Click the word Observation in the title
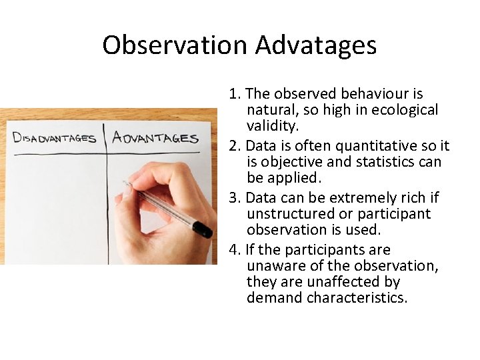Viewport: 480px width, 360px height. coord(175,45)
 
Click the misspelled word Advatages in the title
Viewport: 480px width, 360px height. coord(316,45)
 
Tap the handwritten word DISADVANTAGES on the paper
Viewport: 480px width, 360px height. coord(55,139)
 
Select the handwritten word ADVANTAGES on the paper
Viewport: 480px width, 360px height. coord(155,137)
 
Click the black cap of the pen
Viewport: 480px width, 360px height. coord(202,229)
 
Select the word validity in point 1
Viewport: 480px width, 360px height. coord(273,126)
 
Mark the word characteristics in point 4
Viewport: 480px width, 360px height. coord(357,298)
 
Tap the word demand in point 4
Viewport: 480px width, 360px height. coord(274,298)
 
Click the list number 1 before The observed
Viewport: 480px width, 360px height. coord(233,94)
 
